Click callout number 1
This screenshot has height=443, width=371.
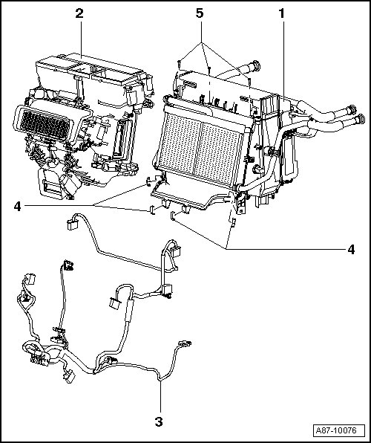pos(281,13)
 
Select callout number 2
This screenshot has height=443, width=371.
pos(79,13)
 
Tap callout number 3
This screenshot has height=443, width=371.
pos(159,421)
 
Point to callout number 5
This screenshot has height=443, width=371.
pos(200,13)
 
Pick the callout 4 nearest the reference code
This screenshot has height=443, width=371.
pos(351,250)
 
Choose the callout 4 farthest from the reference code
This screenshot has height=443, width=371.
pos(18,207)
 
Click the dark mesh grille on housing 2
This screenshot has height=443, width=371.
pos(45,125)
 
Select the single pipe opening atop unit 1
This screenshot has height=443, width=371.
pos(256,65)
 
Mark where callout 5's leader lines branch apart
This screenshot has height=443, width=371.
pos(201,43)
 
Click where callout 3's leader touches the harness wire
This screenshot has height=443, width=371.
pos(160,381)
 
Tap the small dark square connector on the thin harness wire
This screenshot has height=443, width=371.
pos(68,265)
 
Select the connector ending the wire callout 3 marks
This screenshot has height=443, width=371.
pos(185,343)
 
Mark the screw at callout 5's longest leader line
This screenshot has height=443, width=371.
pos(250,82)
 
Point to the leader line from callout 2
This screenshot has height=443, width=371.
pos(82,40)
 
